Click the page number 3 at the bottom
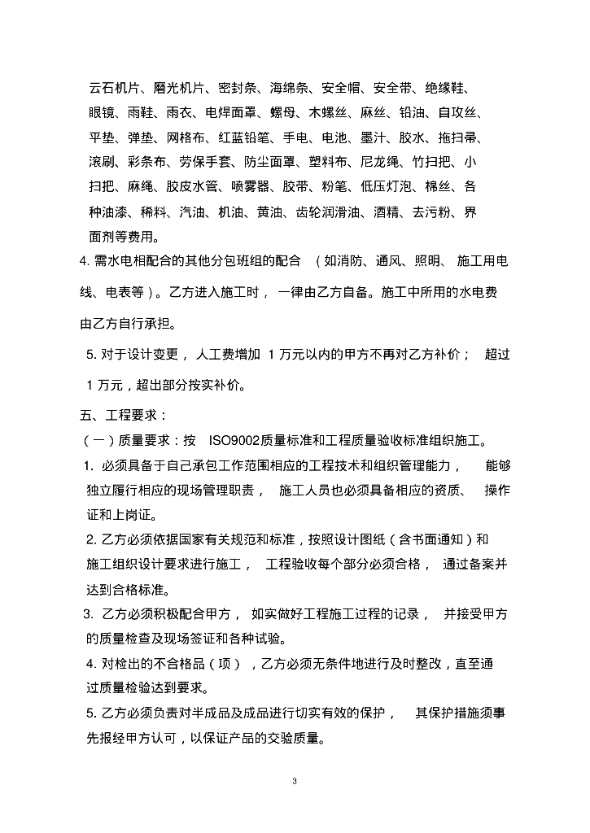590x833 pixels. pos(295,782)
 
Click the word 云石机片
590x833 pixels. pos(115,87)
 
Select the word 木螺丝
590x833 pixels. pos(328,112)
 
